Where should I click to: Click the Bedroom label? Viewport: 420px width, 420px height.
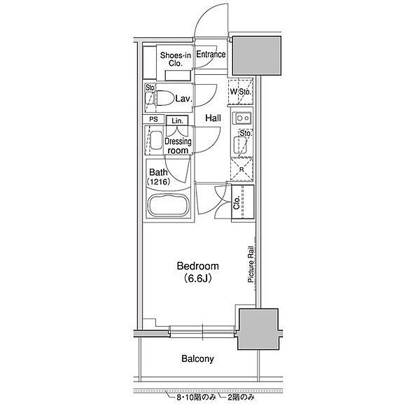197,266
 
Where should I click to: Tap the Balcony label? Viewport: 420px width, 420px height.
197,358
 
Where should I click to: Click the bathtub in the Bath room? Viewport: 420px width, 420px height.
169,205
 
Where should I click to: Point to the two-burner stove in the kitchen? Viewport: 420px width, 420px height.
243,118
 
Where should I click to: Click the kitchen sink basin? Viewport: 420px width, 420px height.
239,145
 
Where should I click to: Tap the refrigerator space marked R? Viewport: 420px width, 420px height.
241,169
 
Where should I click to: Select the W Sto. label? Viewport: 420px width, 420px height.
241,92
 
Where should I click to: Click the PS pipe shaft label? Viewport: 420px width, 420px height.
153,119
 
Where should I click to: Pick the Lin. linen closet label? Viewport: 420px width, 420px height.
177,121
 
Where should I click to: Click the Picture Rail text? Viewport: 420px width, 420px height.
251,265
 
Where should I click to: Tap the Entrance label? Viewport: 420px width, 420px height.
211,55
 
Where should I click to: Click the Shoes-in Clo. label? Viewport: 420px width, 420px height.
176,59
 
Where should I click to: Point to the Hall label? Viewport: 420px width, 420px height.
213,118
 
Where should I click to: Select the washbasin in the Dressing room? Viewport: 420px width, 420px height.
156,140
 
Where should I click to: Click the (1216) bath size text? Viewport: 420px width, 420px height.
158,182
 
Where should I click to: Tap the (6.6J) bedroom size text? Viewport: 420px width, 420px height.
197,279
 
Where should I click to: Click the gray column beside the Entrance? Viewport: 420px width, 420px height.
256,55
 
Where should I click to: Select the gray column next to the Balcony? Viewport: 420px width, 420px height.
258,329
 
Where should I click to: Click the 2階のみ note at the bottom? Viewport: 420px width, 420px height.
241,398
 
